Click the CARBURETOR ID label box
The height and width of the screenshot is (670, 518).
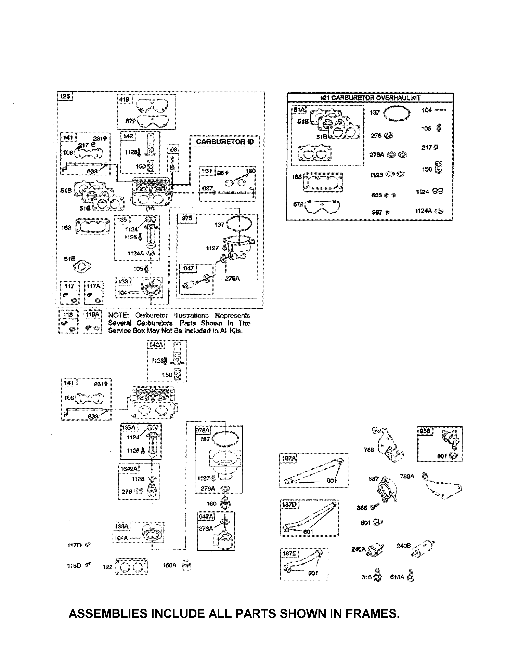tap(225, 142)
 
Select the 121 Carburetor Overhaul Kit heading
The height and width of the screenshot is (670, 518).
tap(370, 98)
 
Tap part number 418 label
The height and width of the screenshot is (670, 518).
tap(124, 99)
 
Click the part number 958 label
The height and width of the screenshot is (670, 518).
tap(425, 431)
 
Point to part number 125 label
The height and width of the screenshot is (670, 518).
tap(65, 96)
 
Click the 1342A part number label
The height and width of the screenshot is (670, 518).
tap(129, 469)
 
